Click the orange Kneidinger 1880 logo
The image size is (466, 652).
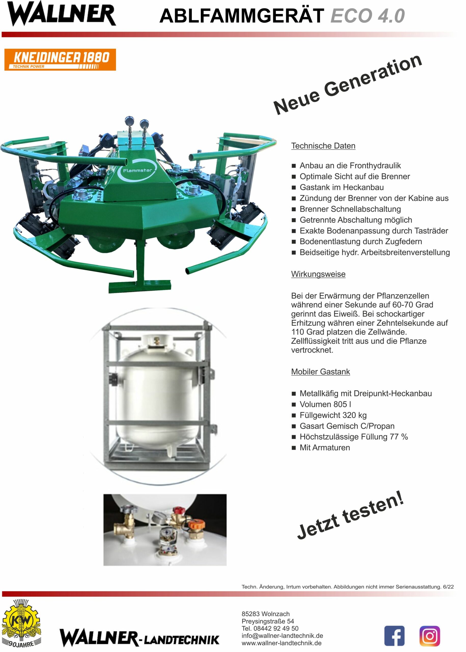pyautogui.click(x=60, y=59)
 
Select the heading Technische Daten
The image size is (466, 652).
pyautogui.click(x=323, y=146)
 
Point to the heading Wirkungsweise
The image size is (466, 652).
pyautogui.click(x=318, y=274)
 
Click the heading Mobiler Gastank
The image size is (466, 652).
pyautogui.click(x=320, y=372)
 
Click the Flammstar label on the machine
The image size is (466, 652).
pyautogui.click(x=137, y=170)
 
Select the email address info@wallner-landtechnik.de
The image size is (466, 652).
pyautogui.click(x=282, y=636)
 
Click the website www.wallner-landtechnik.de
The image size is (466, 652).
pyautogui.click(x=281, y=643)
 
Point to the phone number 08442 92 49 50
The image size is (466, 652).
pyautogui.click(x=276, y=629)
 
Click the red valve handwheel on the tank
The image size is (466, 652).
pyautogui.click(x=178, y=511)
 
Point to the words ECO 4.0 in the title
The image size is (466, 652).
pyautogui.click(x=368, y=16)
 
